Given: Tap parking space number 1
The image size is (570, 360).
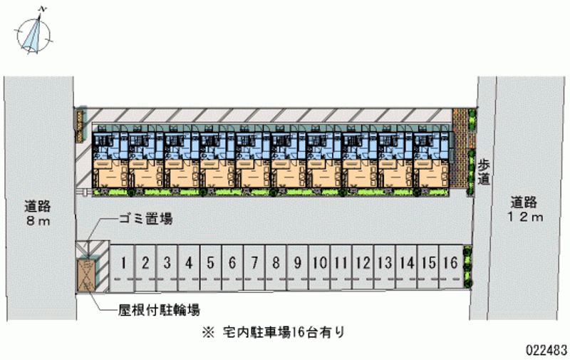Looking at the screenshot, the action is click(x=123, y=263).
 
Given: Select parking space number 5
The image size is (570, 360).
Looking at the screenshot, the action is click(x=210, y=263).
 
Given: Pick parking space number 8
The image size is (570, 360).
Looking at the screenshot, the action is click(x=276, y=263).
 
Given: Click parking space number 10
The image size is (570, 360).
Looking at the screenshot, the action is click(x=320, y=263).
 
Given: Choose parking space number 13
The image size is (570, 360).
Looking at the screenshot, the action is click(x=385, y=263).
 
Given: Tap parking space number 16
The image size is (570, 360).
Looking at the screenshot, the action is click(x=450, y=263).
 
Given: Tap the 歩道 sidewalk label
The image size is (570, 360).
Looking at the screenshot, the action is click(x=484, y=171).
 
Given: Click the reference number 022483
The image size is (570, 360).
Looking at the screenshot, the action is click(x=546, y=351).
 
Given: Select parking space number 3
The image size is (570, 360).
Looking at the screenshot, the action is click(x=167, y=263).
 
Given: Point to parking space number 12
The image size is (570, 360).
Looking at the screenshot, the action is click(x=363, y=263).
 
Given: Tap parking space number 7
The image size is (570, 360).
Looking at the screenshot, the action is click(x=254, y=263).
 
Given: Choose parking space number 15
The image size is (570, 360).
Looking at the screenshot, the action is click(x=428, y=263).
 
